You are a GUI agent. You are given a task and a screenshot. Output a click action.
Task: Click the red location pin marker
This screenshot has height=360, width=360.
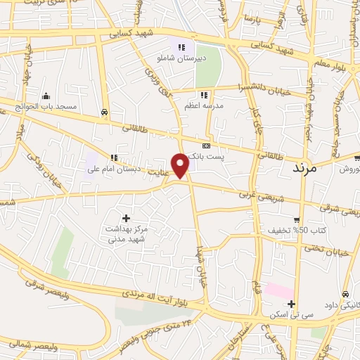point(181,165)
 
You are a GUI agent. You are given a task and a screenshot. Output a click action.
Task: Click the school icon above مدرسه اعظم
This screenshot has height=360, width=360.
point(204,95)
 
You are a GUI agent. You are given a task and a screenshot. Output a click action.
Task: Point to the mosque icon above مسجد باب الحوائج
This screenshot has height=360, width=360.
point(46,96)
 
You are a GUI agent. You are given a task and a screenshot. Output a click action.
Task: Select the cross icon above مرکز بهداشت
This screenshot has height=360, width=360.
point(126,218)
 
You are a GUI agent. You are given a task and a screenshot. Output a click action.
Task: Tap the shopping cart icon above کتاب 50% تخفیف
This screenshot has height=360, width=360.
point(297,219)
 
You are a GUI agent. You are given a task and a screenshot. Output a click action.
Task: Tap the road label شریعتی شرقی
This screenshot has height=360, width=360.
point(333,207)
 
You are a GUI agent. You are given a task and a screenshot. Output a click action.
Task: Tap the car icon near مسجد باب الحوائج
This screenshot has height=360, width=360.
point(104,112)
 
